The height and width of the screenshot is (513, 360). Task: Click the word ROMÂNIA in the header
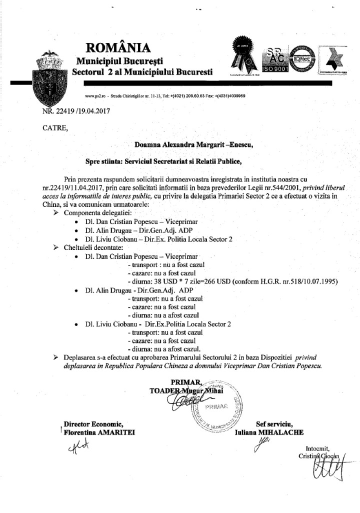[118, 47]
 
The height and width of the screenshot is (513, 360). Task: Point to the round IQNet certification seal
[301, 56]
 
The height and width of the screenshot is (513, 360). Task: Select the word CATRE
[54, 128]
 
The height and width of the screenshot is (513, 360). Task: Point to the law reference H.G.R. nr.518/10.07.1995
[300, 280]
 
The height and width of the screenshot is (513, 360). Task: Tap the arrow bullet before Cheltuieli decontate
[56, 246]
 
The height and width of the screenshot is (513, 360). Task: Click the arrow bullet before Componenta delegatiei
[56, 212]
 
